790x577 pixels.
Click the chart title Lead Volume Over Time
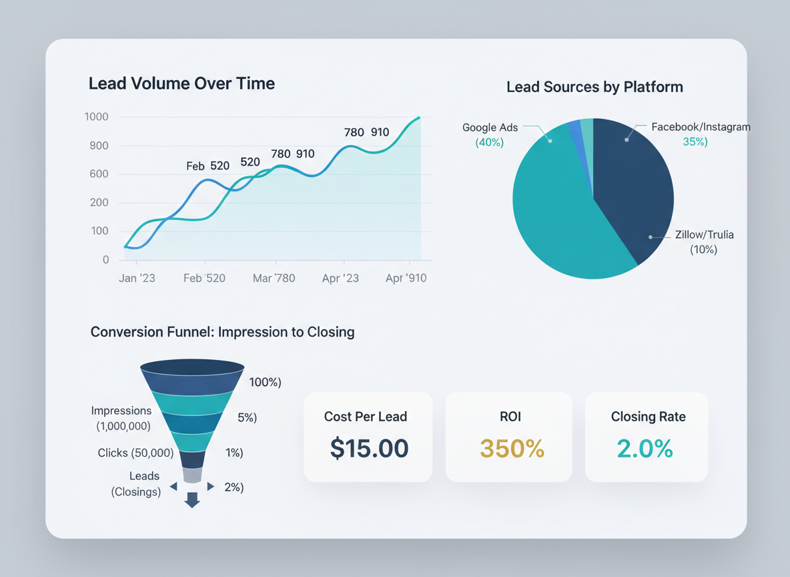pos(181,83)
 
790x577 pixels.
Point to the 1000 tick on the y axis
pos(96,117)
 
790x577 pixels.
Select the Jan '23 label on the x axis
pos(137,278)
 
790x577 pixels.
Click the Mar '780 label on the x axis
pos(274,278)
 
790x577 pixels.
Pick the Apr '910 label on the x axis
pos(406,278)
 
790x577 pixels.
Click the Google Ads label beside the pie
pos(490,128)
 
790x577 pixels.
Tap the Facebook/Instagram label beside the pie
pos(701,127)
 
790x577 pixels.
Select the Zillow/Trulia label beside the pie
pos(704,235)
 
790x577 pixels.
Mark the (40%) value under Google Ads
pos(489,142)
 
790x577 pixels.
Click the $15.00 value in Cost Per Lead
pos(369,448)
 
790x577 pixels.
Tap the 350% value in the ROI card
pos(512,448)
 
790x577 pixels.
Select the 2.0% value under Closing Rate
pos(645,448)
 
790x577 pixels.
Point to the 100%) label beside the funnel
pos(265,382)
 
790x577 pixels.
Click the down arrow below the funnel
pos(192,500)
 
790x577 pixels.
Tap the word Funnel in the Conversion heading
pos(187,332)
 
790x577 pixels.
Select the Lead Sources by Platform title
pos(595,87)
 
